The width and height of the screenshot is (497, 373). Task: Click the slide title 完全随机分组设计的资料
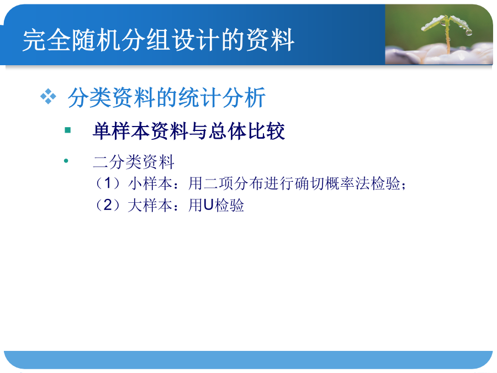(x=158, y=40)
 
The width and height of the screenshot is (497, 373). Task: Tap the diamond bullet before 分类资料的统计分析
(x=48, y=96)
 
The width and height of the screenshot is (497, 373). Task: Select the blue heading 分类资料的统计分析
(x=166, y=97)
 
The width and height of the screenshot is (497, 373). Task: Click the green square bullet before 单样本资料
(x=67, y=130)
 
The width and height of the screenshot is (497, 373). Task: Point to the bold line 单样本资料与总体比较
(x=189, y=131)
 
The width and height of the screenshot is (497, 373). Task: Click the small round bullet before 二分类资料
(x=66, y=161)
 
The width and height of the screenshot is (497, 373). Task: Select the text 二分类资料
(x=134, y=162)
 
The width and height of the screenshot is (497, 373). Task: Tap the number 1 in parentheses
(x=108, y=183)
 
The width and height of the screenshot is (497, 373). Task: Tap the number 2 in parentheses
(x=108, y=205)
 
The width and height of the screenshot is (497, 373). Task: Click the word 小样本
(x=150, y=183)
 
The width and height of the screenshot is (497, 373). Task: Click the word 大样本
(x=150, y=205)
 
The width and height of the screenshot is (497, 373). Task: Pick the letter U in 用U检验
(x=208, y=205)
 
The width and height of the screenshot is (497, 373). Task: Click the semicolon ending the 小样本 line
(x=404, y=185)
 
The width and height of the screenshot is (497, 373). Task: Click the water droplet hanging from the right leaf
(x=469, y=33)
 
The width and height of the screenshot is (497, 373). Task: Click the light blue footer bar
(x=248, y=360)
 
